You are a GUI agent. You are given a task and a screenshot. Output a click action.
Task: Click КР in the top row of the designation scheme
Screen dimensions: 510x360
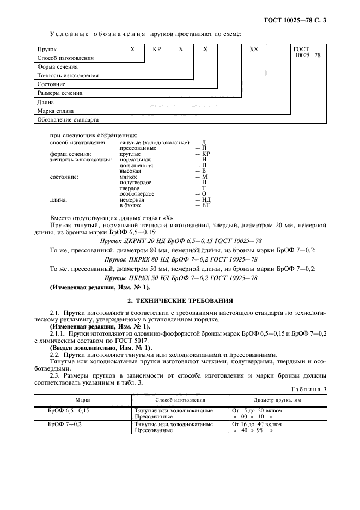[156, 50]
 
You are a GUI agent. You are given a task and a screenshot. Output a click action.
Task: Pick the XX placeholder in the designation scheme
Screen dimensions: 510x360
[253, 50]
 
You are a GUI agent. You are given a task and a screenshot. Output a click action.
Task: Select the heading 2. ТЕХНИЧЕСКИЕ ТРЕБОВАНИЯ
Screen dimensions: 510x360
[180, 300]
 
